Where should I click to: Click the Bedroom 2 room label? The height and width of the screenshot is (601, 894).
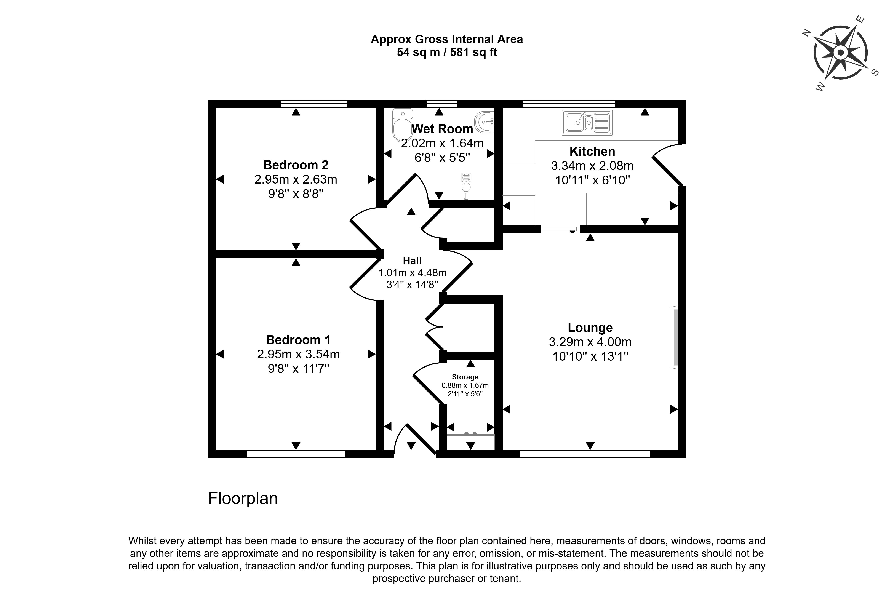click(x=296, y=165)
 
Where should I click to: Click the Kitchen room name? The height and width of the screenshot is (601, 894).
click(x=592, y=151)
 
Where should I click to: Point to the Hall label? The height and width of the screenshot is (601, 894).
click(x=412, y=261)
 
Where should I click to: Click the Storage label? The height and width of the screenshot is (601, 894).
click(x=465, y=377)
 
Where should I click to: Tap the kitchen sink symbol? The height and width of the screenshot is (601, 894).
click(x=587, y=123)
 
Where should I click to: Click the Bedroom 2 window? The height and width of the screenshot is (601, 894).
click(x=314, y=104)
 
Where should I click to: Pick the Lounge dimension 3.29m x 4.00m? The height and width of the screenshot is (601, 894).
click(x=590, y=342)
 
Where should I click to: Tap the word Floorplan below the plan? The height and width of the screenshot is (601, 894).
click(x=243, y=498)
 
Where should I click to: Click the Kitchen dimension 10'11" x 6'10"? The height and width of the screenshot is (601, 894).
click(x=592, y=180)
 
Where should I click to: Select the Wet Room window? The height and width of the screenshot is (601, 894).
click(x=441, y=104)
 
